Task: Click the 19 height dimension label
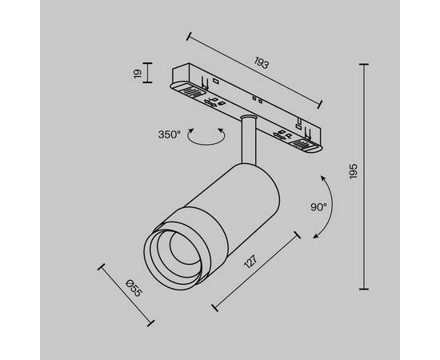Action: coord(138,76)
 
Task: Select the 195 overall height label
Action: coord(354,174)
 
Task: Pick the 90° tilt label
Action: coord(318,206)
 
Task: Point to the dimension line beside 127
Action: coord(256,270)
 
